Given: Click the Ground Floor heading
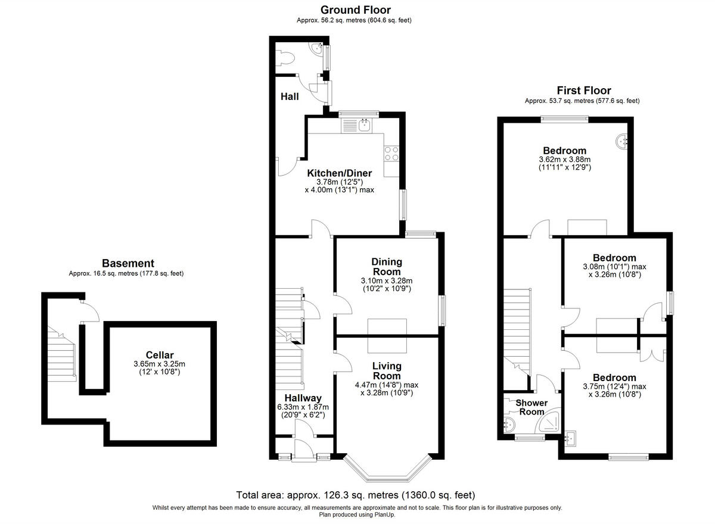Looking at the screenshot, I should coord(355,10).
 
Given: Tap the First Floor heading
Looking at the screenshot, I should coord(583,91).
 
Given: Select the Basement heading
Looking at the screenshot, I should coord(128,263).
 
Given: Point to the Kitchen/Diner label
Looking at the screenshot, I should coord(339,173).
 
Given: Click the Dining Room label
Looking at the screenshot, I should coord(387,267).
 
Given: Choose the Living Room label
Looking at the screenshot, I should coord(387,371).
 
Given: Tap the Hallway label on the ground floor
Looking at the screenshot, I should coord(303,398).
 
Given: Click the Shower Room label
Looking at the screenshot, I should coord(531,407).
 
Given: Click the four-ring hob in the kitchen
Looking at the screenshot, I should coord(391,154).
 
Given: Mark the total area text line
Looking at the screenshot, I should coord(356,495).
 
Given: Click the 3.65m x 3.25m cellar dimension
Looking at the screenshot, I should coord(160,364).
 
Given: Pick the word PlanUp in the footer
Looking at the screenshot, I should coord(383,514).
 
